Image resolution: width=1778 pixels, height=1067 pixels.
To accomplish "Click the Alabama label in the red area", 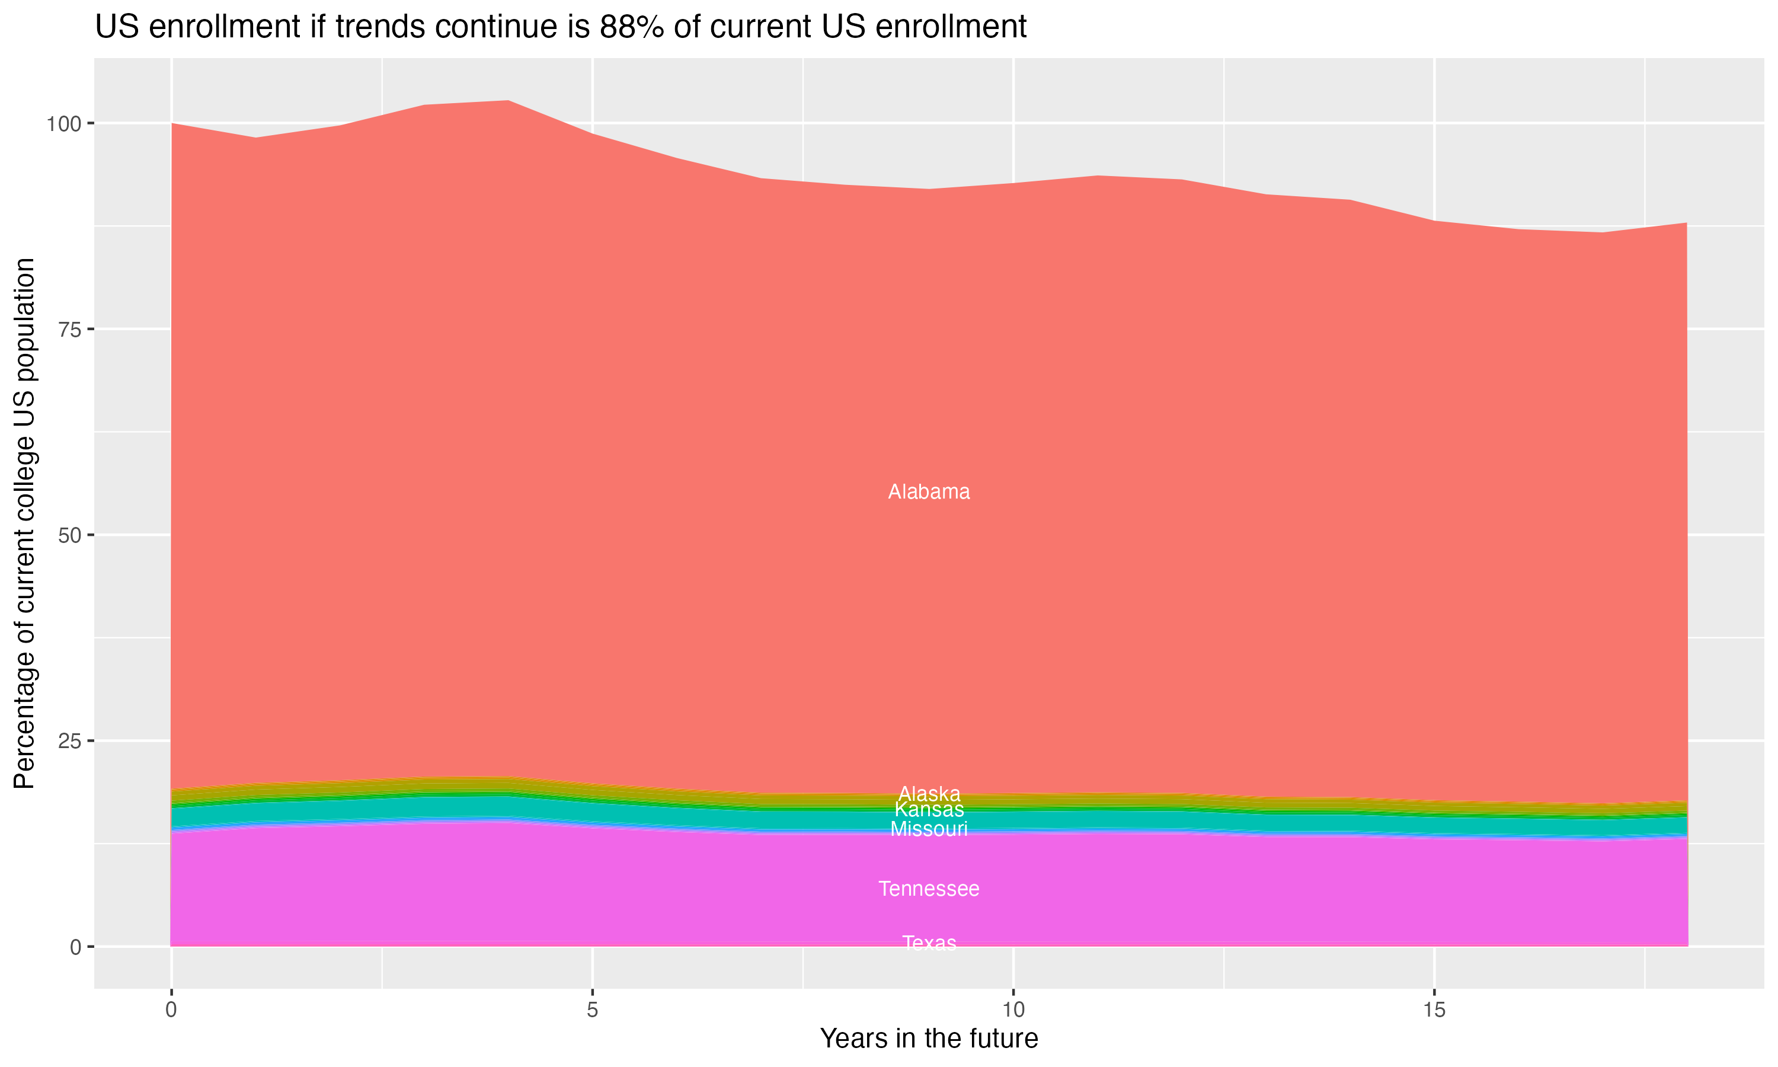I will (x=929, y=492).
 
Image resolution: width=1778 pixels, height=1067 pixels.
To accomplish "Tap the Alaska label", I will (x=929, y=794).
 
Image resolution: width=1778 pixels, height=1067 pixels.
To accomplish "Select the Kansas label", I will (x=929, y=810).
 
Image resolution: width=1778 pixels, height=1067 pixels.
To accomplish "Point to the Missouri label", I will (x=929, y=829).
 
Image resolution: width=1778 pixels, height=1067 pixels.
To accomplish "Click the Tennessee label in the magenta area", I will (x=929, y=889).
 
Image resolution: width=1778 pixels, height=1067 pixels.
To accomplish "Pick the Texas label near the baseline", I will (x=929, y=943).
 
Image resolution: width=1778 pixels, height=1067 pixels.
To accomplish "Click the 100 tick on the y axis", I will (x=63, y=124).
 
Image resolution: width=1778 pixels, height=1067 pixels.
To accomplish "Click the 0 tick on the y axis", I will (x=75, y=947).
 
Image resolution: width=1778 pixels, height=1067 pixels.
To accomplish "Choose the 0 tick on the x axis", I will (x=171, y=1010).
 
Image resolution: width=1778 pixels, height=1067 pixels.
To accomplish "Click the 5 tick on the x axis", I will (x=592, y=1010).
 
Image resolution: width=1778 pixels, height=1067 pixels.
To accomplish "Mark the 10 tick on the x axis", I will (x=1013, y=1010).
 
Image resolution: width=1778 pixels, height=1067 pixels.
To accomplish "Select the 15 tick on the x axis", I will (x=1434, y=1010).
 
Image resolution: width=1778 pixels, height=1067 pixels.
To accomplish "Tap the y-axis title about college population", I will (x=24, y=523).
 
